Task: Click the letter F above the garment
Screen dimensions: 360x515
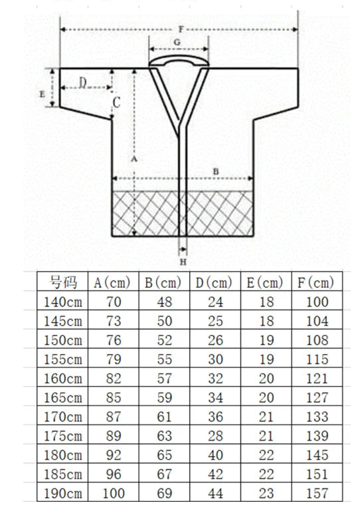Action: pos(181,29)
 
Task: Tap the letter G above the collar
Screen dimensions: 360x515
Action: pos(177,43)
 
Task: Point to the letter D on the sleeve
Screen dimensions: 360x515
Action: pos(83,82)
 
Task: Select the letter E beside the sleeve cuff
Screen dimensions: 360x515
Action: pos(42,94)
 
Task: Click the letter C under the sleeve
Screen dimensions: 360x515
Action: pos(116,103)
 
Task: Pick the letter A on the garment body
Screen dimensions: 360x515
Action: pos(134,159)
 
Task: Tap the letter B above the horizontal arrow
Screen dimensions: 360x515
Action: pos(216,171)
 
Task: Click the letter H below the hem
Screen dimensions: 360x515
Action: pos(183,262)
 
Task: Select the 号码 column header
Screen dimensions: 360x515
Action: pos(63,282)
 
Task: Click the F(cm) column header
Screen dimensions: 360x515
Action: pos(316,282)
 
